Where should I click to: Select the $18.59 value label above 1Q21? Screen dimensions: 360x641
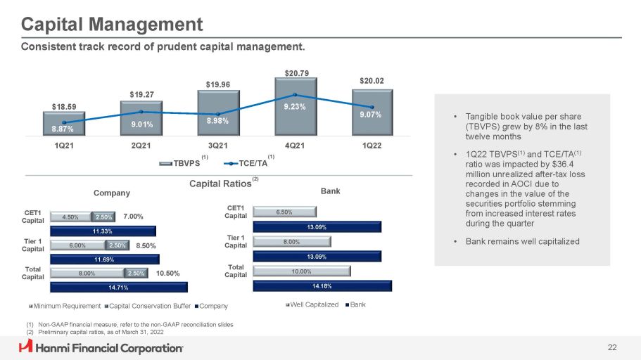[64, 106]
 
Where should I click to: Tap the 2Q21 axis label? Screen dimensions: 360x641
[141, 146]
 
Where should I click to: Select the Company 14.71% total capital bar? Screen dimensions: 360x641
[119, 286]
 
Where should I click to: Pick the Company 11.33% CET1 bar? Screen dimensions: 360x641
[103, 229]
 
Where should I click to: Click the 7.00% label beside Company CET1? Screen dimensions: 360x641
[133, 217]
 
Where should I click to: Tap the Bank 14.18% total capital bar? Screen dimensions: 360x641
[322, 285]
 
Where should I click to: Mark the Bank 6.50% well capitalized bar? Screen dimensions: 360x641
[285, 211]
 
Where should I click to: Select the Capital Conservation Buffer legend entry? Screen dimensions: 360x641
[148, 305]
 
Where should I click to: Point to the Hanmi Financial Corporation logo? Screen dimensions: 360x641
[101, 347]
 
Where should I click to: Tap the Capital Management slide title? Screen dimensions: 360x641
[112, 25]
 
